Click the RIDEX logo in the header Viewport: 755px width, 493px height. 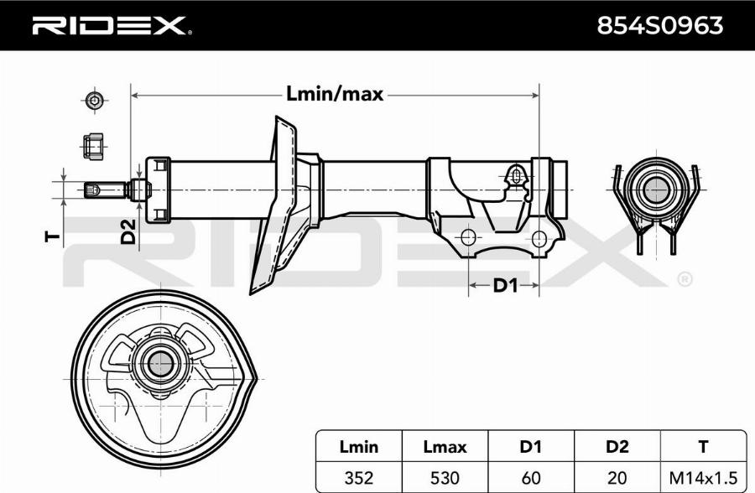point(110,26)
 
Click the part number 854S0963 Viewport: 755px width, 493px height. point(659,26)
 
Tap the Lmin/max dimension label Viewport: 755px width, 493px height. point(335,94)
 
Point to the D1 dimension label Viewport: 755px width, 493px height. point(504,286)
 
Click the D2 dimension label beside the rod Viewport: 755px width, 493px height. point(128,231)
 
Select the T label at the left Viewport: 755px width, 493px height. point(51,236)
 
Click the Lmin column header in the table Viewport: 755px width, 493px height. point(358,447)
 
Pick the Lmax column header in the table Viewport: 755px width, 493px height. point(445,447)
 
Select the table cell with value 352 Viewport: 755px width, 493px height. point(358,476)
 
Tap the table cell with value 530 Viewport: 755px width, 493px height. point(445,476)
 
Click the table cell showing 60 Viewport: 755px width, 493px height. point(531,476)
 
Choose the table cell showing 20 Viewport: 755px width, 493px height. point(617,476)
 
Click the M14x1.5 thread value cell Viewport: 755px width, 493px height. point(703,476)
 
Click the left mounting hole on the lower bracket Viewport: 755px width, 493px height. point(469,236)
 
